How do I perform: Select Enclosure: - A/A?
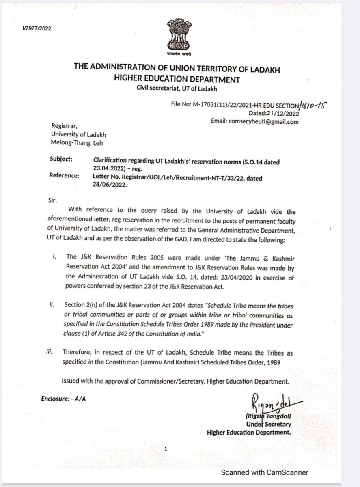[64, 399]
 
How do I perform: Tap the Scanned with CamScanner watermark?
[264, 473]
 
